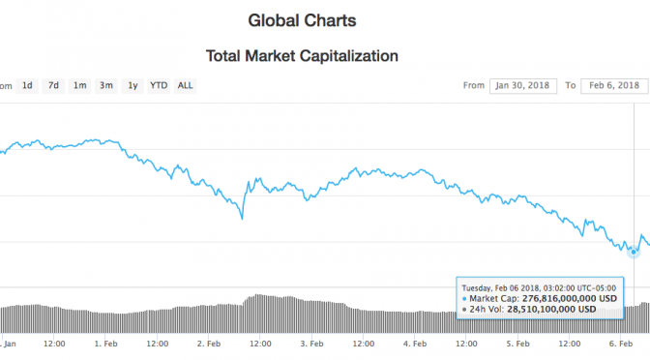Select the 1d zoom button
[29, 85]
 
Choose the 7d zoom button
[54, 85]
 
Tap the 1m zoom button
[80, 85]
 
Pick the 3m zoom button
[106, 85]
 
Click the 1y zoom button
[133, 85]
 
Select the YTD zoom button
[159, 85]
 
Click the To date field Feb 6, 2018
[613, 85]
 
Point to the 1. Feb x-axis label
[105, 344]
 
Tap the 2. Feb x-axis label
[207, 344]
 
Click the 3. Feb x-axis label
[311, 344]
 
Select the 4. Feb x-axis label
[415, 344]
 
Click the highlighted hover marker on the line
[634, 252]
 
